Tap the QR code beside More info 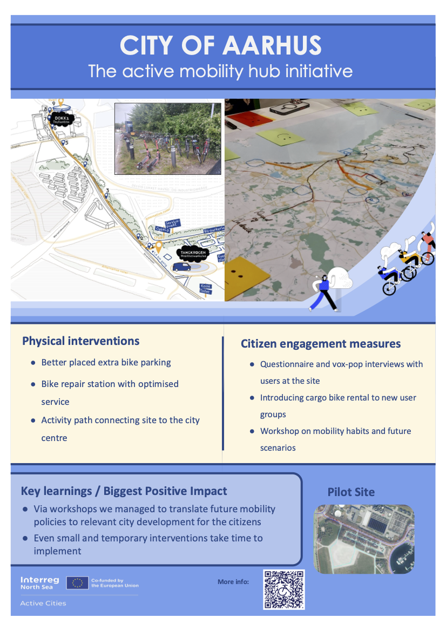coord(283,589)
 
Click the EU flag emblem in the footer coord(77,583)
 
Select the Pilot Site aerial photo coord(363,539)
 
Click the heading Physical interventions coord(80,341)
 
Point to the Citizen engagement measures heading coord(321,344)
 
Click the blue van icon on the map coord(181,267)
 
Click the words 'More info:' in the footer coord(233,582)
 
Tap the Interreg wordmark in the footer coord(40,580)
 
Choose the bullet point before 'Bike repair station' coord(33,384)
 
